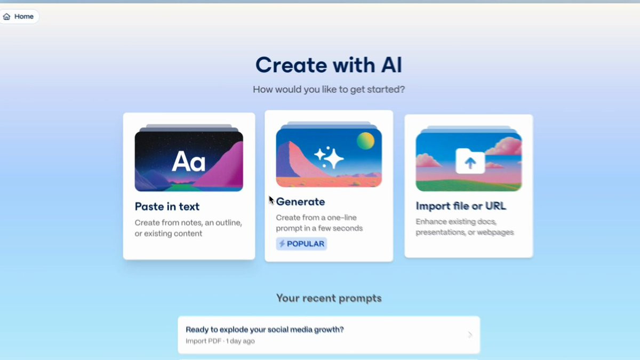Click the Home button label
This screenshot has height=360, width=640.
pyautogui.click(x=23, y=17)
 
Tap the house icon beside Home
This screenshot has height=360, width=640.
pyautogui.click(x=6, y=17)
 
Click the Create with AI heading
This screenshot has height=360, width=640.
pyautogui.click(x=329, y=65)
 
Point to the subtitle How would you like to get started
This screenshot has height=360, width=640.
pyautogui.click(x=329, y=90)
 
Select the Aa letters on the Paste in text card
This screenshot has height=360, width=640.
pyautogui.click(x=189, y=162)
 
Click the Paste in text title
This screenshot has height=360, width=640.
pyautogui.click(x=167, y=206)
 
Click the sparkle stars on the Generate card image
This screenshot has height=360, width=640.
pyautogui.click(x=329, y=157)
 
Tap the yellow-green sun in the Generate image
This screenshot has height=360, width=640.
pyautogui.click(x=365, y=141)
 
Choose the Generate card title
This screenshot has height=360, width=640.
pyautogui.click(x=300, y=202)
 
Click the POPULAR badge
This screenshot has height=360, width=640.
pyautogui.click(x=301, y=244)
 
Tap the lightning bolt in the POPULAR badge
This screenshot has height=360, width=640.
pyautogui.click(x=282, y=244)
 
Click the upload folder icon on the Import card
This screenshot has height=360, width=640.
pyautogui.click(x=470, y=161)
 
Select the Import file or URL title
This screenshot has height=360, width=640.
pyautogui.click(x=461, y=206)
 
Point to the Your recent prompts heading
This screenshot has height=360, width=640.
pyautogui.click(x=329, y=298)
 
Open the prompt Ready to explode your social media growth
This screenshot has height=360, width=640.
pyautogui.click(x=265, y=330)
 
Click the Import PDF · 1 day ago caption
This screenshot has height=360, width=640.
pyautogui.click(x=220, y=341)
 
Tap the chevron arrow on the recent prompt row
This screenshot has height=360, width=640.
pyautogui.click(x=470, y=335)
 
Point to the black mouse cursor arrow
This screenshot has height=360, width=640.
pyautogui.click(x=271, y=200)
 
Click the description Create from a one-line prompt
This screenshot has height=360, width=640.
pyautogui.click(x=319, y=223)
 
